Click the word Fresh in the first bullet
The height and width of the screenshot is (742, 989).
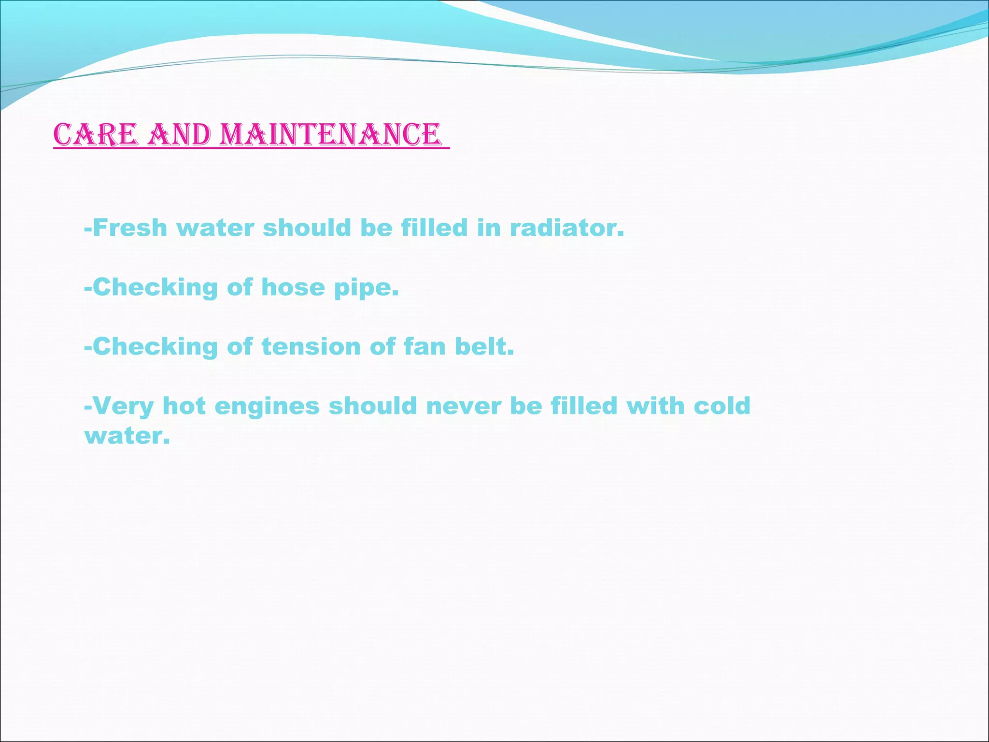(129, 228)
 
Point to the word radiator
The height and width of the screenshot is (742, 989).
(567, 228)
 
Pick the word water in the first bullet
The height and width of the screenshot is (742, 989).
(215, 228)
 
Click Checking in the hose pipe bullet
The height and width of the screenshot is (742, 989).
(155, 288)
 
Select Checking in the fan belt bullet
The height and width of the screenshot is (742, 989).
(155, 347)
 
